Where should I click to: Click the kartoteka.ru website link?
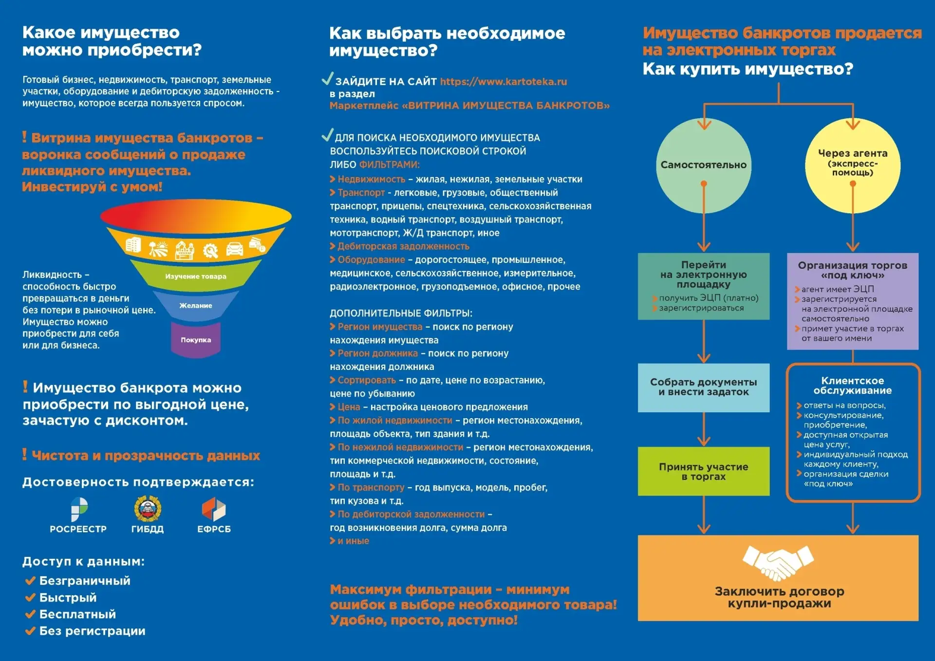(x=503, y=82)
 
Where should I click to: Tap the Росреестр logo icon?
(x=79, y=509)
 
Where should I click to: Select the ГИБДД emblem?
(x=148, y=509)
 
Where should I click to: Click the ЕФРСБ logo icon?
(x=214, y=509)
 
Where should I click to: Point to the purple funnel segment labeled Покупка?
(x=196, y=340)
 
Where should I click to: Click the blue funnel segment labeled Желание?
(x=196, y=306)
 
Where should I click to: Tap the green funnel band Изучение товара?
(x=196, y=276)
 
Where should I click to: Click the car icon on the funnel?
(x=234, y=249)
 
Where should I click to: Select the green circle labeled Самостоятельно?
(x=703, y=165)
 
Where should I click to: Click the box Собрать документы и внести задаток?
(x=703, y=387)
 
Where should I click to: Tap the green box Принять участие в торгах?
(x=703, y=471)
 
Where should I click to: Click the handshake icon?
(x=778, y=562)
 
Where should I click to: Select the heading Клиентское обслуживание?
(x=852, y=386)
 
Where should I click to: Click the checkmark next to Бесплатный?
(x=30, y=614)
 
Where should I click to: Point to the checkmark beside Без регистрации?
(x=30, y=631)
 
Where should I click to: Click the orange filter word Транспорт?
(x=361, y=193)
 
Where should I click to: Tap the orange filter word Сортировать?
(x=367, y=380)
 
